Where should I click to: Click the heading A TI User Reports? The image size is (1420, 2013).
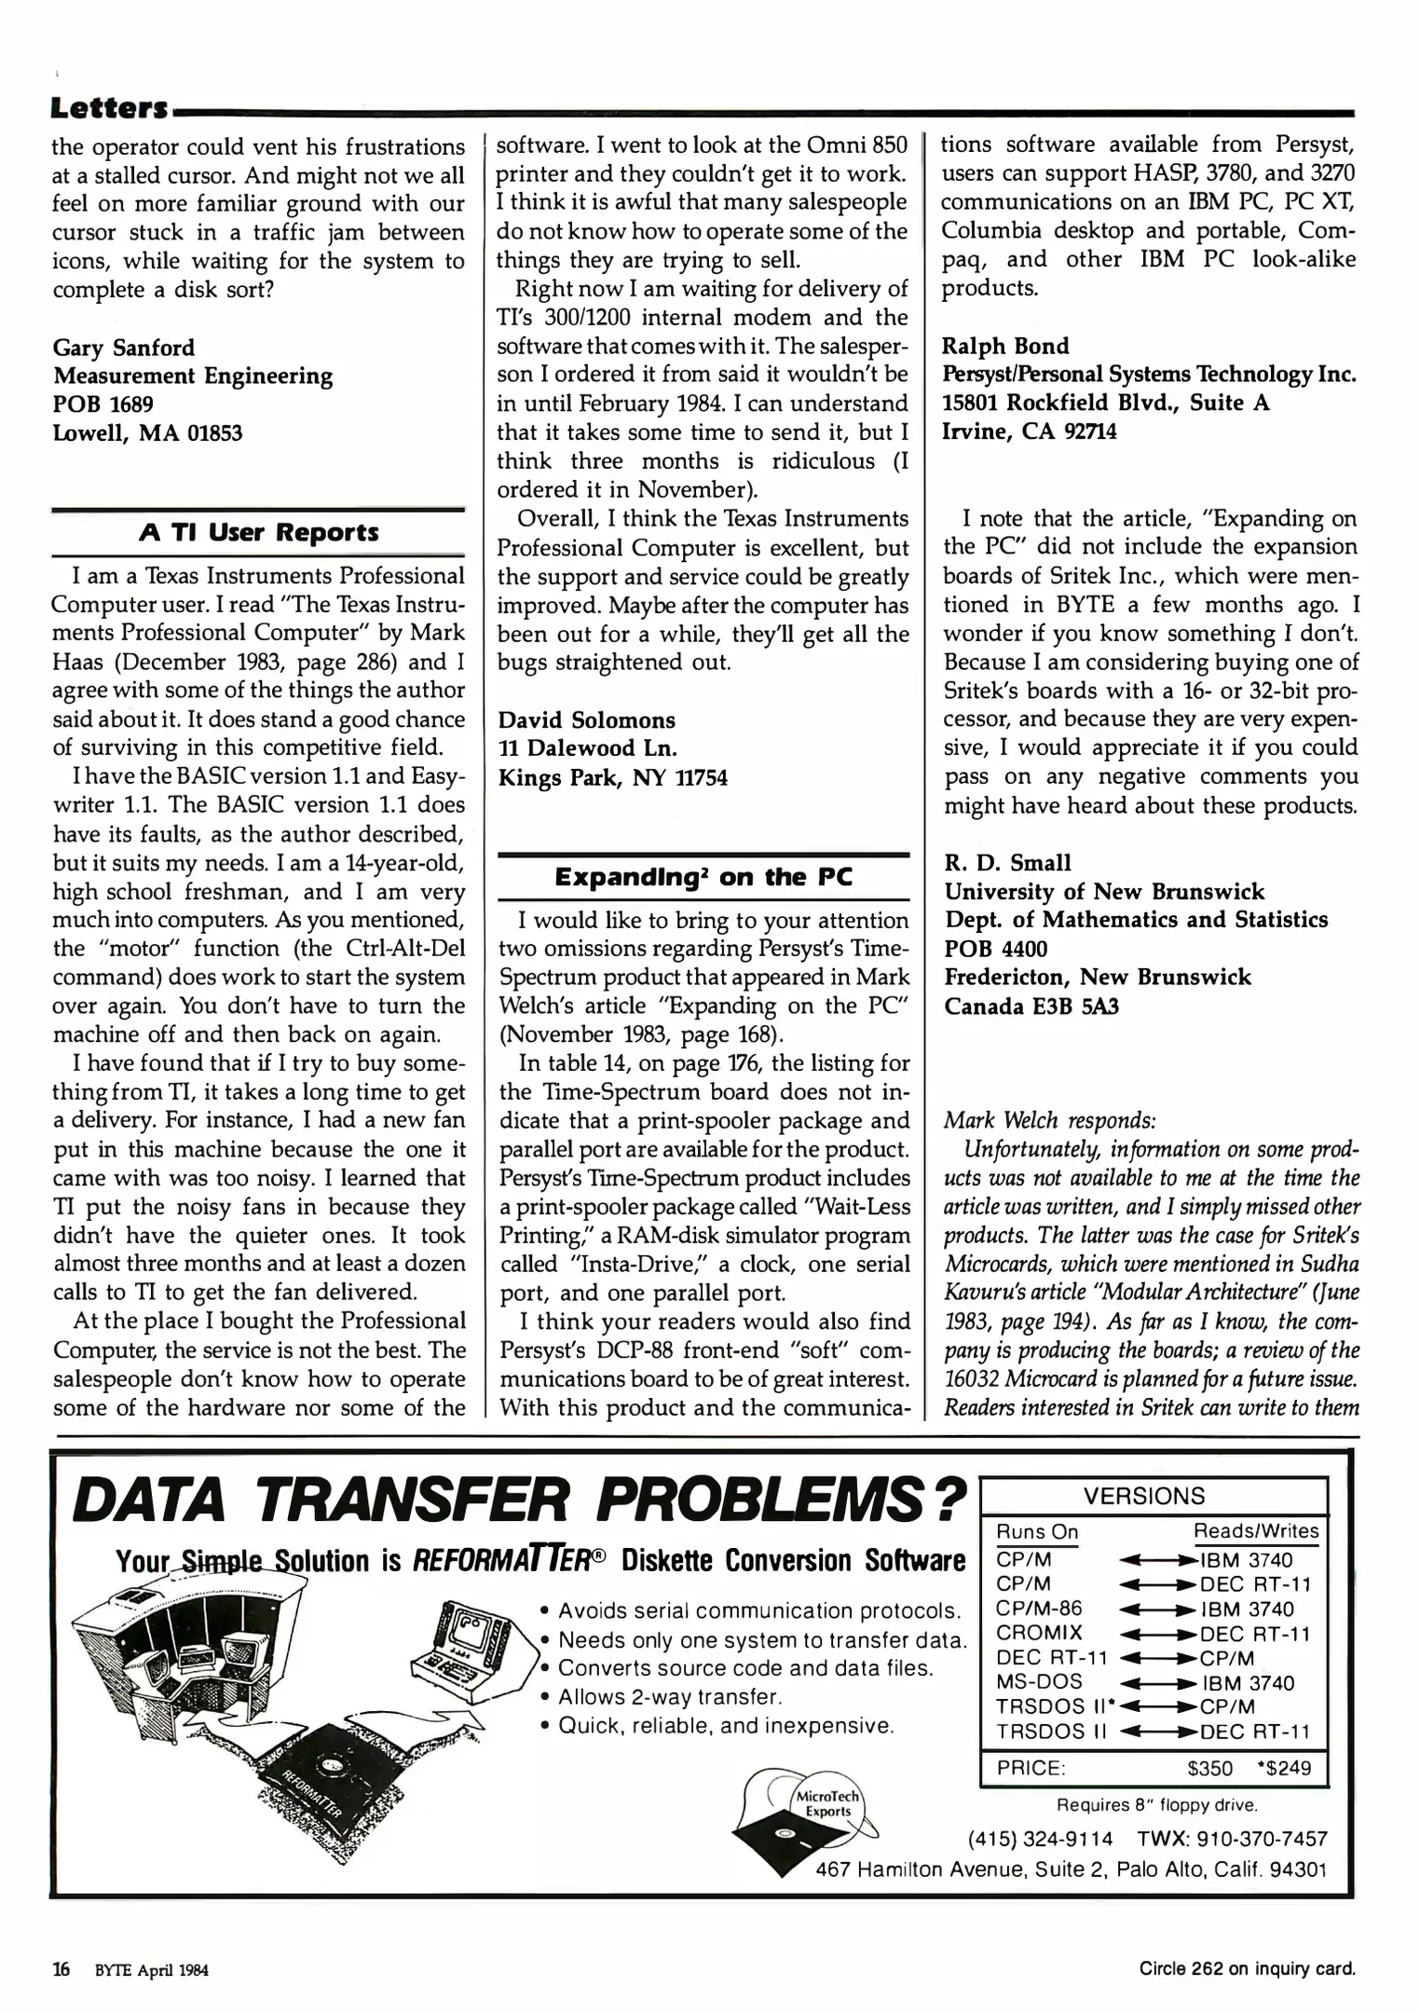(x=258, y=532)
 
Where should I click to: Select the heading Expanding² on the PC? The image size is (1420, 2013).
(x=703, y=877)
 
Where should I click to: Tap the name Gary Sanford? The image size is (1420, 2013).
(x=124, y=348)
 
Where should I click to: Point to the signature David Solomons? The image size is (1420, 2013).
(x=586, y=720)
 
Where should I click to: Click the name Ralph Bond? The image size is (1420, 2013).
(x=1004, y=346)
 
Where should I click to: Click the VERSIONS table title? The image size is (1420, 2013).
(x=1143, y=1497)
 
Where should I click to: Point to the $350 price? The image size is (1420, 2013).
(x=1208, y=1769)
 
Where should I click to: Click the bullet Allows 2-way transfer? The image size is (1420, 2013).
(x=669, y=1697)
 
